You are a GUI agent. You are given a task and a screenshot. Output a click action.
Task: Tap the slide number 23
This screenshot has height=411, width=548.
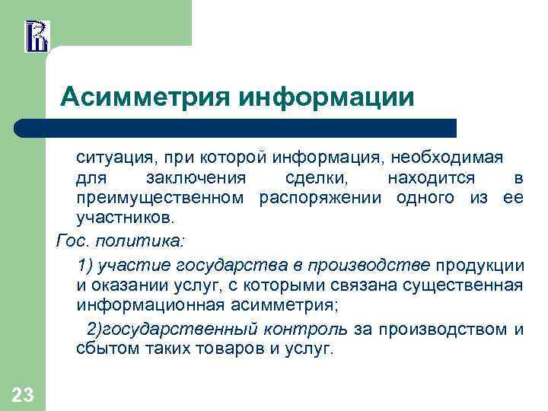(23, 394)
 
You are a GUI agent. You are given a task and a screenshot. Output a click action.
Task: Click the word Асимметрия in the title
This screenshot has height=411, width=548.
(146, 97)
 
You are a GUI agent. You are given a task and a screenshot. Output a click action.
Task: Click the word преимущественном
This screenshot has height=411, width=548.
(161, 199)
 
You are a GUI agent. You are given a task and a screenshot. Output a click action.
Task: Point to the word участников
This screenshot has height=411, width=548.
(125, 219)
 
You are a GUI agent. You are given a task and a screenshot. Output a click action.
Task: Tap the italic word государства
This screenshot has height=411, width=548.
(234, 265)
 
